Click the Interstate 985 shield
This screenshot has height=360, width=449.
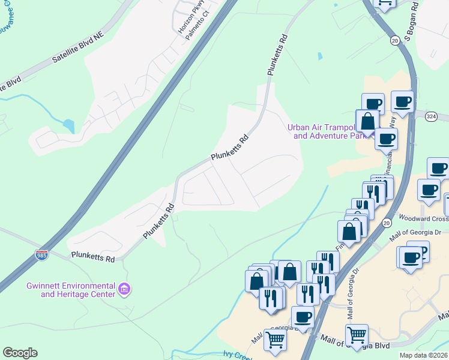(x=41, y=255)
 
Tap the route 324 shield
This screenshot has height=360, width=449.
(x=431, y=115)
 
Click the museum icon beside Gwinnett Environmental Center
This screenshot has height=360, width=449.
(x=125, y=290)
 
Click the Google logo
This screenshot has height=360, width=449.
(x=20, y=353)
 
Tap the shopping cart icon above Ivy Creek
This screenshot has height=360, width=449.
(x=275, y=340)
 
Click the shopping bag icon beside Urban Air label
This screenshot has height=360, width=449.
(x=367, y=121)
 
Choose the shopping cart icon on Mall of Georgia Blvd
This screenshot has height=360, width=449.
(x=357, y=335)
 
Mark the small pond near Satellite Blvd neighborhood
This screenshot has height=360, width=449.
(x=68, y=126)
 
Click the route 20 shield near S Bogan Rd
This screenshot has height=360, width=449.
(x=394, y=40)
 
